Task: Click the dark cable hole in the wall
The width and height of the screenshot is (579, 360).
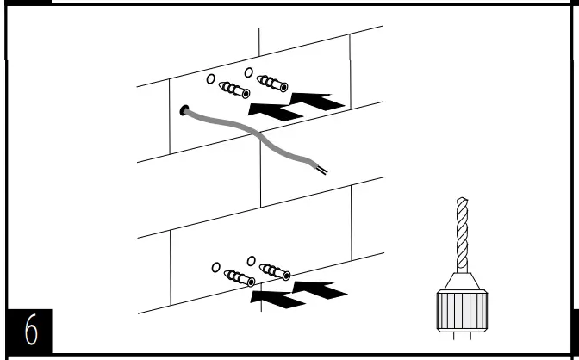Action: tap(183, 110)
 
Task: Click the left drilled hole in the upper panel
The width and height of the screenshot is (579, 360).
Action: tap(209, 79)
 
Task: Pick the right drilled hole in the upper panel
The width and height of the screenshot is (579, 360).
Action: tap(248, 72)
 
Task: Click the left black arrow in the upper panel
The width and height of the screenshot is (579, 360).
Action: tap(274, 109)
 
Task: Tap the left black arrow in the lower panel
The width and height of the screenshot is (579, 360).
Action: tap(277, 296)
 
